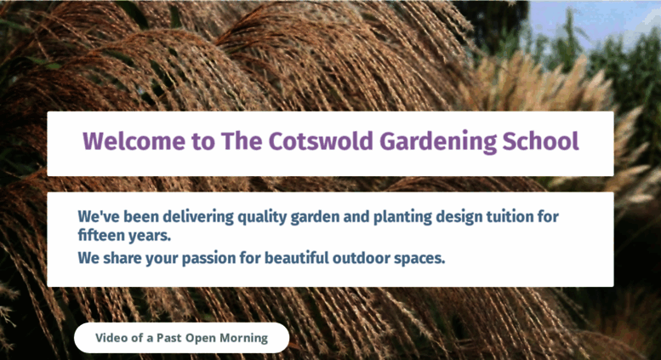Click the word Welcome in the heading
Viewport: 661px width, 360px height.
[x=134, y=141]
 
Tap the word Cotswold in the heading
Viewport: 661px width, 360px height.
[x=321, y=140]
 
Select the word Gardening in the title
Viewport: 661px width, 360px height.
[x=438, y=142]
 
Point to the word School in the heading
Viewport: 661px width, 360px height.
[x=540, y=140]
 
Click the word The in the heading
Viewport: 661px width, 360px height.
[x=242, y=140]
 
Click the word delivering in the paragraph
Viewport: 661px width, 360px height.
[x=197, y=217]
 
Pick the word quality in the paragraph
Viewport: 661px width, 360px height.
[x=262, y=218]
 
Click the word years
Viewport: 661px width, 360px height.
[x=150, y=236]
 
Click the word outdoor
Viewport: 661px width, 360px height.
[x=362, y=258]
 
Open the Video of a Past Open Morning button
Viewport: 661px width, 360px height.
[x=182, y=338]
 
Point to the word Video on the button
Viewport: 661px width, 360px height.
[x=109, y=338]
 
